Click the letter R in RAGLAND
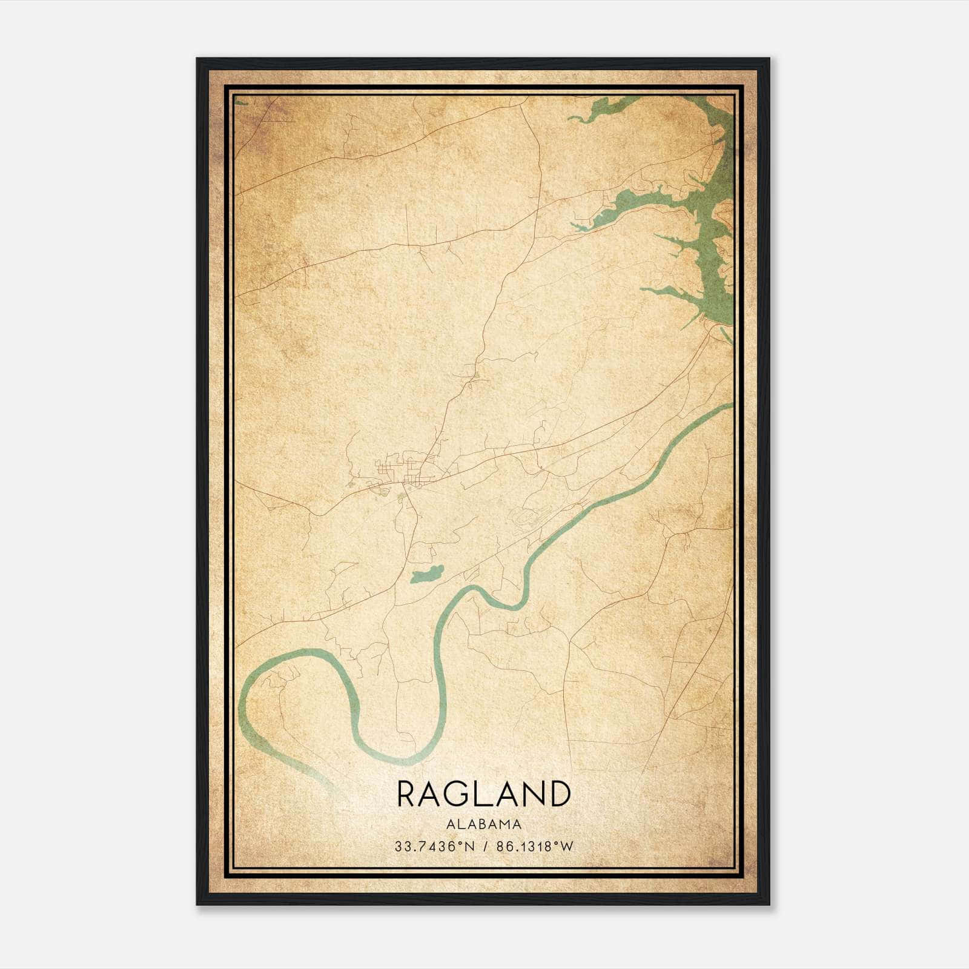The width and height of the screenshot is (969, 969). (x=406, y=794)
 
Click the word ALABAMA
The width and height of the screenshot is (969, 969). (x=484, y=824)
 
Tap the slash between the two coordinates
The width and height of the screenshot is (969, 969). (x=483, y=847)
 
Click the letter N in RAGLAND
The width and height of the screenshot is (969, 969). (x=533, y=794)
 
